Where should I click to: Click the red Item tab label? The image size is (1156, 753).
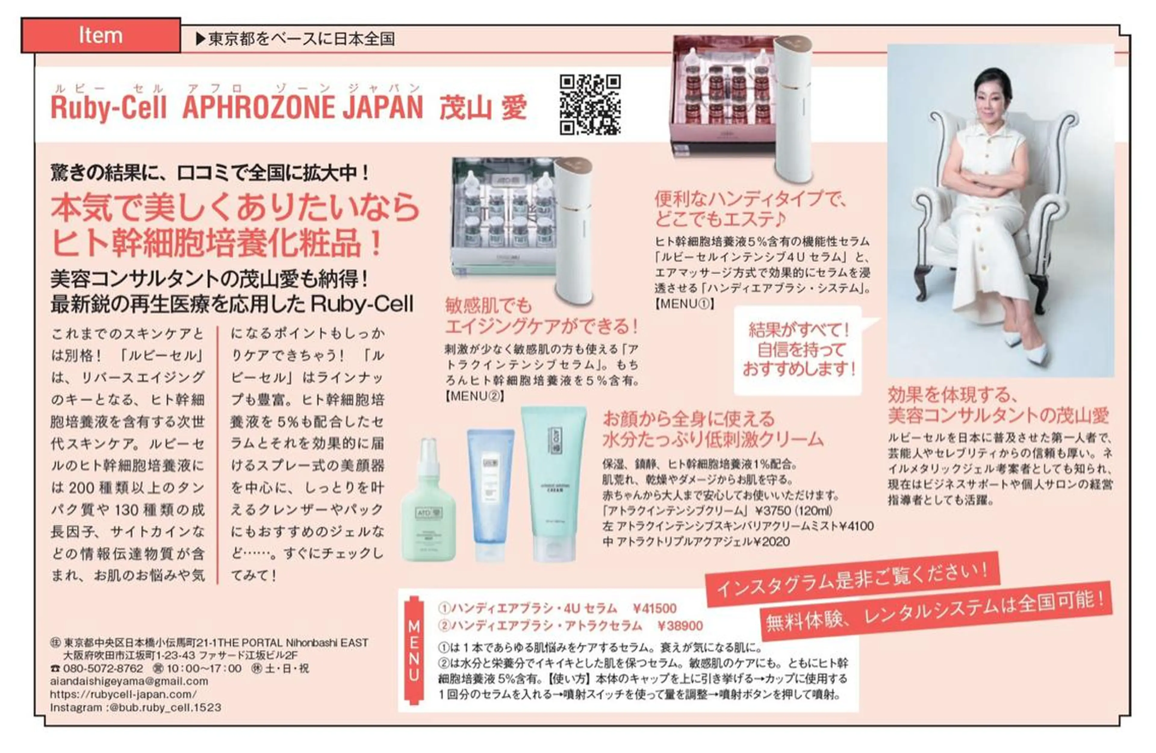click(x=101, y=36)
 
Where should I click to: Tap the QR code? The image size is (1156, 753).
click(x=590, y=104)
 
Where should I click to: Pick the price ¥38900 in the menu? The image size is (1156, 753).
click(x=680, y=626)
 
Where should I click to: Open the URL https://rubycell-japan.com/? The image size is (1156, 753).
click(x=123, y=694)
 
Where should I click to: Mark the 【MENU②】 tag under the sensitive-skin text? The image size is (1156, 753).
click(x=474, y=396)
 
